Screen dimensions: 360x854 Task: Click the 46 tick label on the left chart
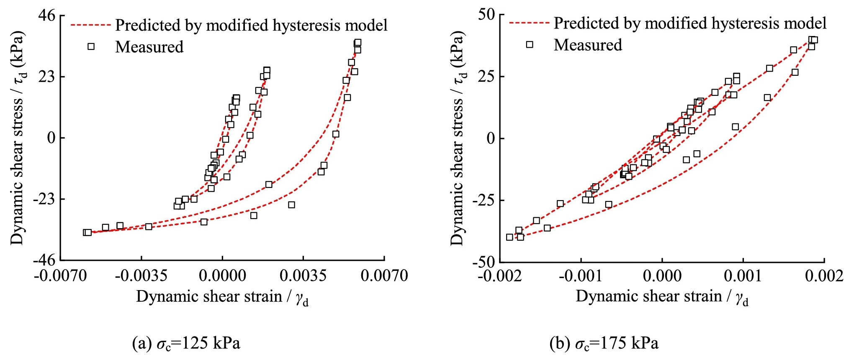click(x=46, y=15)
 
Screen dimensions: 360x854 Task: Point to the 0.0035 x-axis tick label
click(x=303, y=276)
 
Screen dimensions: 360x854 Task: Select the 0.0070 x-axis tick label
click(x=384, y=276)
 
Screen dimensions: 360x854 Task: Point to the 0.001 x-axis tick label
click(x=743, y=276)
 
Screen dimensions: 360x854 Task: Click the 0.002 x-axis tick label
click(x=824, y=276)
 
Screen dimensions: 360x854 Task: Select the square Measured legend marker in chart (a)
click(x=91, y=46)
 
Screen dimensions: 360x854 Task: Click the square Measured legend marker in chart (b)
click(x=530, y=44)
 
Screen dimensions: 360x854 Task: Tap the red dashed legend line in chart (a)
click(x=90, y=25)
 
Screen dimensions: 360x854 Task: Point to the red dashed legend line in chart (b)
click(x=529, y=23)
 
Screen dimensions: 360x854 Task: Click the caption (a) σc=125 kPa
click(x=186, y=344)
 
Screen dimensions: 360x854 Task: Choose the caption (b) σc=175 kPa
click(x=604, y=344)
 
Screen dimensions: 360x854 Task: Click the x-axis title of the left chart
click(x=222, y=297)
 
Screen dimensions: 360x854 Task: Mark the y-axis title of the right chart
click(x=458, y=138)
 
